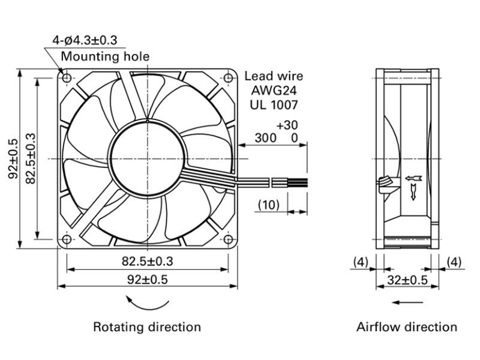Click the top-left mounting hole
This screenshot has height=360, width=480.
[67, 78]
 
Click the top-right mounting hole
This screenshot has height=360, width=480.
[229, 78]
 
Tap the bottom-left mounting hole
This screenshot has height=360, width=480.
[67, 239]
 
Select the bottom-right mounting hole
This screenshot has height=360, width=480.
[229, 239]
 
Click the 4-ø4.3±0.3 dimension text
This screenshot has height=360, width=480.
[85, 40]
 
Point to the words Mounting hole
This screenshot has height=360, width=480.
[106, 56]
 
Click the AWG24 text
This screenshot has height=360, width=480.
[274, 91]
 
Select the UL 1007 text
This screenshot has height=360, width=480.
[274, 105]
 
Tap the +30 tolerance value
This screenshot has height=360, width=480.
[287, 125]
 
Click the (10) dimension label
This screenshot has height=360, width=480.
[269, 205]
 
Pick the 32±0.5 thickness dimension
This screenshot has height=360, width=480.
[407, 280]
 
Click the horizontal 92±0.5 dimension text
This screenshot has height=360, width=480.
[148, 280]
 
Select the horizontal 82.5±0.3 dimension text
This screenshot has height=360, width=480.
[148, 262]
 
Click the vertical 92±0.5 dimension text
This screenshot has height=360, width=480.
[13, 158]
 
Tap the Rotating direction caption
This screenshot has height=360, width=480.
[147, 327]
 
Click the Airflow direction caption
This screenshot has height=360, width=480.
[407, 327]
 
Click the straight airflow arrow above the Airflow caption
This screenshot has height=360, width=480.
[407, 302]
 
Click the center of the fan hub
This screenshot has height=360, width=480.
[147, 158]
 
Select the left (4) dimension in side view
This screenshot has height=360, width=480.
[361, 262]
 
